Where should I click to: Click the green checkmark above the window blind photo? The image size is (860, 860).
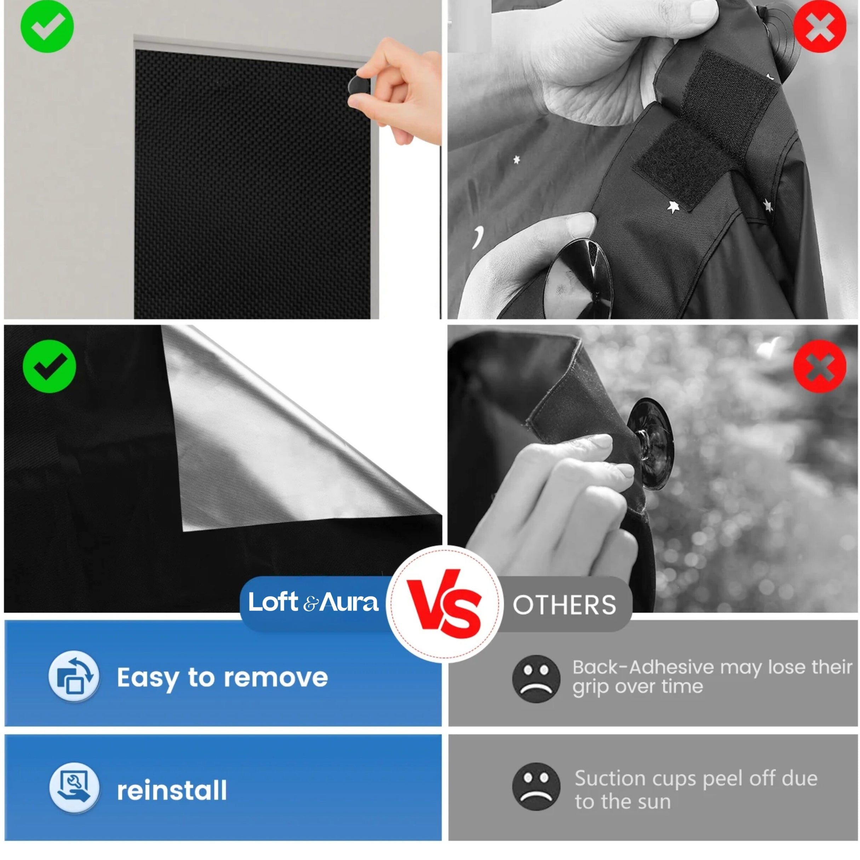pyautogui.click(x=47, y=26)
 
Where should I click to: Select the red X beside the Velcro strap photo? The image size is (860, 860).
pyautogui.click(x=820, y=26)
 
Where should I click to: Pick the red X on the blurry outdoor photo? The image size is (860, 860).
pyautogui.click(x=820, y=366)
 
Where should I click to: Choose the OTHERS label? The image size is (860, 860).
pyautogui.click(x=564, y=605)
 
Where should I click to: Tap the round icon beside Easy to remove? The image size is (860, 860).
pyautogui.click(x=74, y=676)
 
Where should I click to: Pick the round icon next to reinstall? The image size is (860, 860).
pyautogui.click(x=74, y=787)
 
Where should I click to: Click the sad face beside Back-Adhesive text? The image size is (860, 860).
pyautogui.click(x=536, y=679)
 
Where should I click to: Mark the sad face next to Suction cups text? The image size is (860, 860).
pyautogui.click(x=536, y=786)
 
